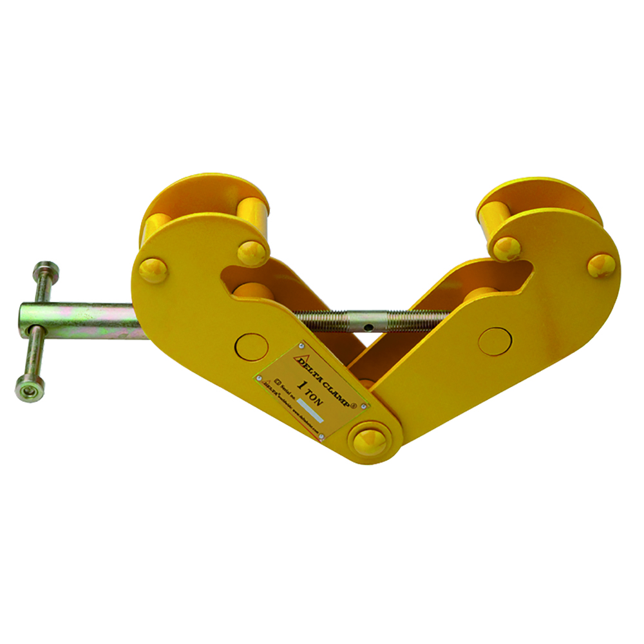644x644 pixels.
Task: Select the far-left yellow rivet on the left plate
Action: click(x=153, y=269)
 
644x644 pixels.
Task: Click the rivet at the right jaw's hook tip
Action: click(x=507, y=248)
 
